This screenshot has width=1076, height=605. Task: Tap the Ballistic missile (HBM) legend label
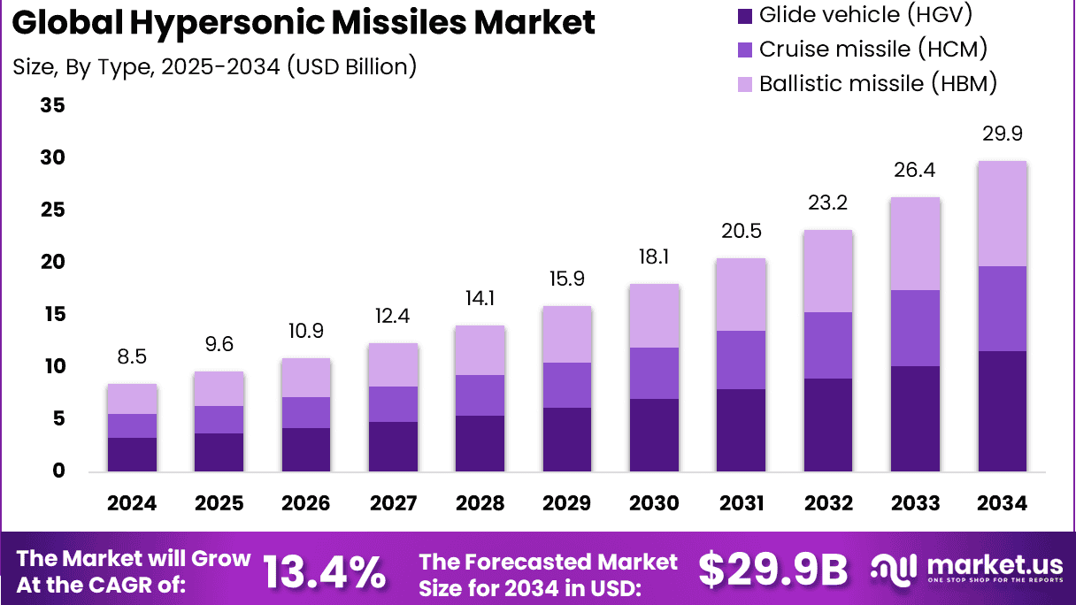click(879, 84)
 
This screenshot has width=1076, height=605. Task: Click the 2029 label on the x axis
click(567, 503)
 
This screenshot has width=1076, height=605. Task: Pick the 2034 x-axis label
click(1003, 503)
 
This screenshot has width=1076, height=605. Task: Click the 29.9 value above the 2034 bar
click(1003, 134)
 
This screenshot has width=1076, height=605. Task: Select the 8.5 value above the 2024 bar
click(132, 358)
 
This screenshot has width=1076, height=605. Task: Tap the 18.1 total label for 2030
click(654, 258)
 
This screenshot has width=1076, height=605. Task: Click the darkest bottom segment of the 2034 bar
click(1002, 410)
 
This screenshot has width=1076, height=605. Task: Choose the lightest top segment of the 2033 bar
click(915, 244)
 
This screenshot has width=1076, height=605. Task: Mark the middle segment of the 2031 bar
click(741, 360)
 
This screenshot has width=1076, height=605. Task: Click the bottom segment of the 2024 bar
click(132, 454)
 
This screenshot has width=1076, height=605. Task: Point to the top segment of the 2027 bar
click(393, 364)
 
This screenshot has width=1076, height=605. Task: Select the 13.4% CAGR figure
click(324, 572)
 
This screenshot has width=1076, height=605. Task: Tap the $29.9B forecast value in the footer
click(772, 571)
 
